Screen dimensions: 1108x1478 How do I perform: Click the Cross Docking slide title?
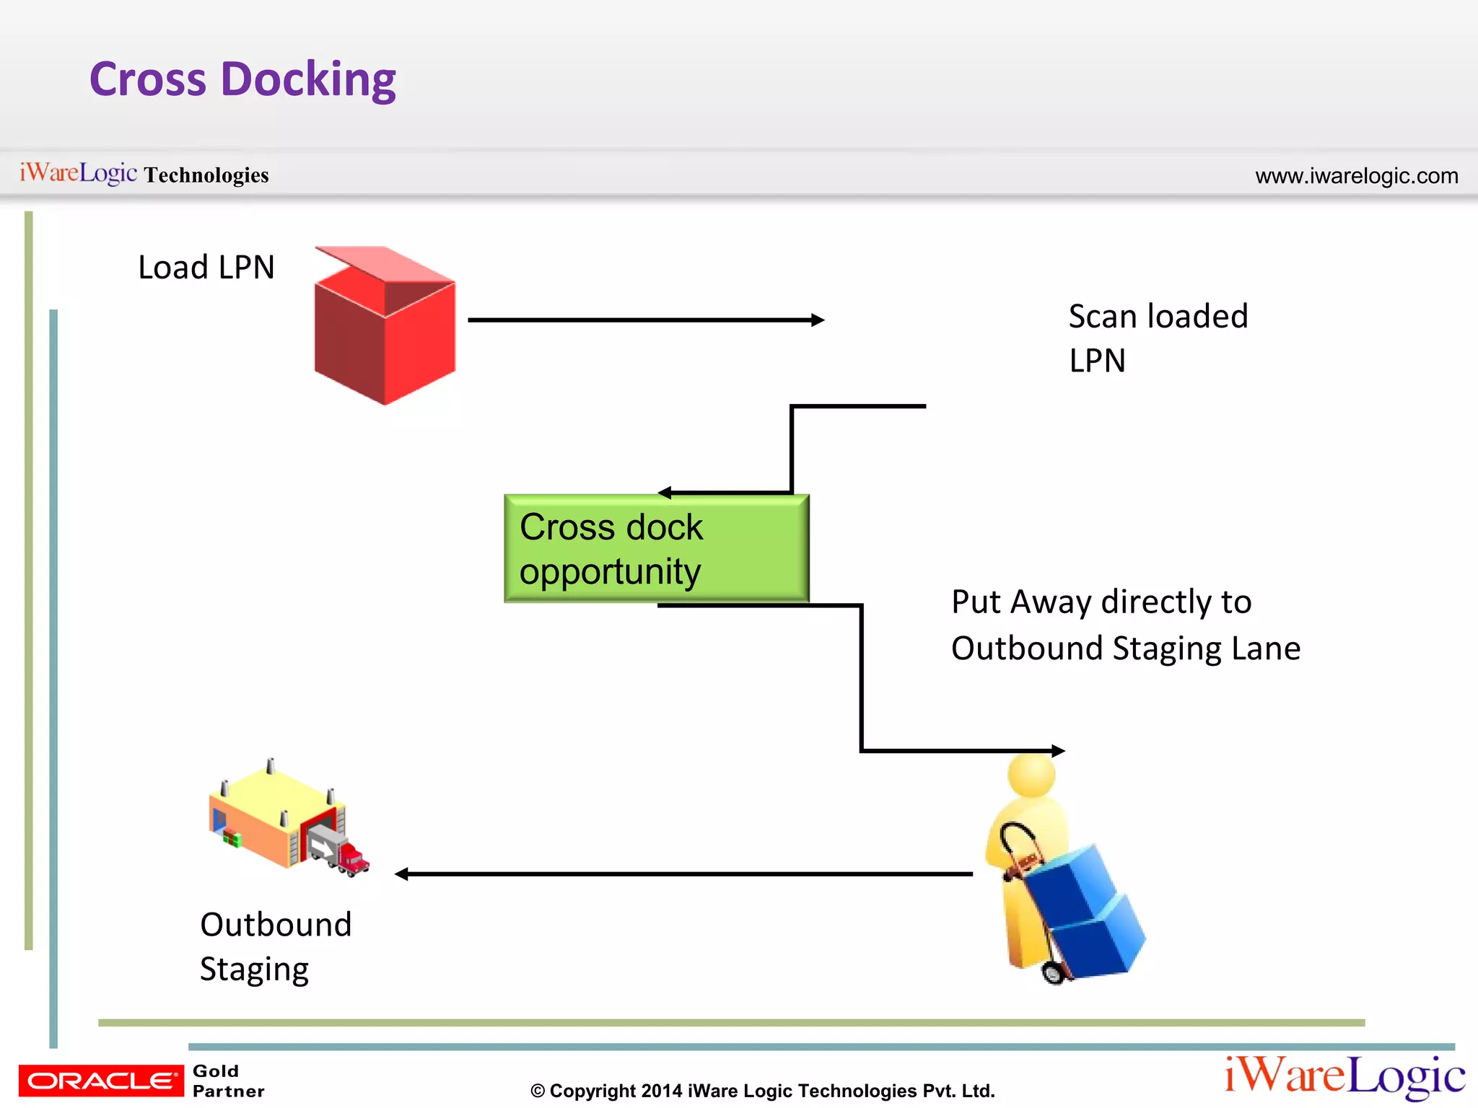[x=242, y=79]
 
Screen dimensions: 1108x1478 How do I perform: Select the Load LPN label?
[x=206, y=268]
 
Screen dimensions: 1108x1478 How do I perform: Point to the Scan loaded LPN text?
[x=1158, y=338]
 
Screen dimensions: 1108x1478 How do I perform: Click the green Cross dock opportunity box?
[x=656, y=549]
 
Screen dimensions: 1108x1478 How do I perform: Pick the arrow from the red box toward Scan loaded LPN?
[x=645, y=320]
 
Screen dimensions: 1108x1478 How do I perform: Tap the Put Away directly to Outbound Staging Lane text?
[x=1125, y=625]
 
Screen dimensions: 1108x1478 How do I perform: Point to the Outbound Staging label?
[x=275, y=946]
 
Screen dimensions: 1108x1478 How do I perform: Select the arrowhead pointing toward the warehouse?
[x=402, y=874]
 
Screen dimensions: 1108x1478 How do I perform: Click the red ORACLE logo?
[x=101, y=1081]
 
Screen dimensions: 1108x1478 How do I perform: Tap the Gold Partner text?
[x=228, y=1081]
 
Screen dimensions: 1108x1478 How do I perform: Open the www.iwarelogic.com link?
[x=1356, y=176]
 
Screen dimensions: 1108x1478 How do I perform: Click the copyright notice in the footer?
[x=762, y=1091]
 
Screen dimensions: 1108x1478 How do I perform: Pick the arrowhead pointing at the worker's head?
[x=1058, y=751]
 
